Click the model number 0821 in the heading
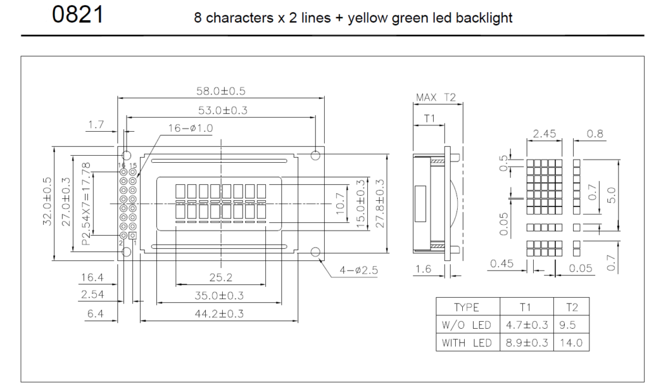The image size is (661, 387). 78,14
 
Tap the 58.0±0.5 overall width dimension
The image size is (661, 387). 221,90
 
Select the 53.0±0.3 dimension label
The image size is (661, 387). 221,110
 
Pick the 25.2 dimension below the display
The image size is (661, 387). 221,278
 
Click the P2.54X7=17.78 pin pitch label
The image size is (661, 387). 86,198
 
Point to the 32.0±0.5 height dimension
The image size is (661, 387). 46,202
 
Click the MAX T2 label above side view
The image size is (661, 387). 436,98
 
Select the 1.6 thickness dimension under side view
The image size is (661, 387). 423,269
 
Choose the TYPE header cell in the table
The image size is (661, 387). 466,308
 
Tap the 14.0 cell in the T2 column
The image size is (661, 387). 571,342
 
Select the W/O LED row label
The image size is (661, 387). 466,325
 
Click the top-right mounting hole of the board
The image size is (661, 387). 316,154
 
